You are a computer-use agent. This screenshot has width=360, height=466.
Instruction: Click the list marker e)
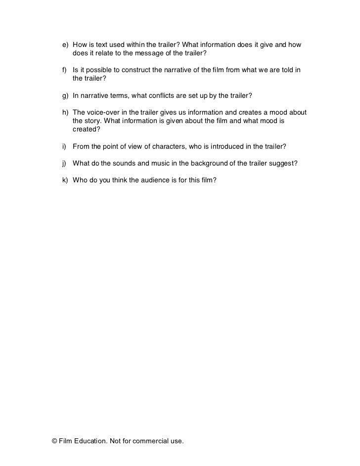tap(65, 45)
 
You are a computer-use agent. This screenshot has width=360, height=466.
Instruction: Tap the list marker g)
tap(65, 94)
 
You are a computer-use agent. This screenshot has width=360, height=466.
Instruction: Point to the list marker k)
tap(65, 180)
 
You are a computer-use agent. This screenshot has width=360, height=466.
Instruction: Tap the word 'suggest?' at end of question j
tap(283, 164)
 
